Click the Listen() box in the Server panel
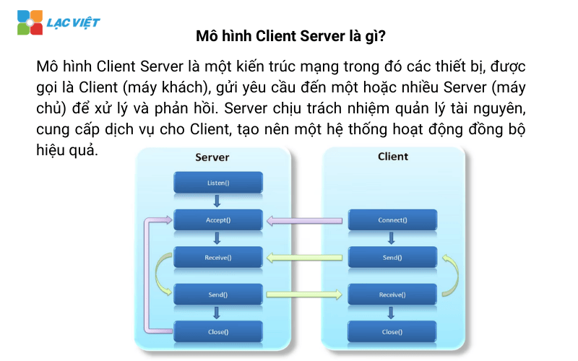point(217,182)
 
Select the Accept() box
point(217,219)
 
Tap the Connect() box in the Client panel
point(392,219)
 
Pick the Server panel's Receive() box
point(217,257)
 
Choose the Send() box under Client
point(392,257)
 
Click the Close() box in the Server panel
point(217,331)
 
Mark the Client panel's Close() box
point(392,331)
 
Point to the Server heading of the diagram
point(212,157)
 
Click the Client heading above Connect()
point(393,156)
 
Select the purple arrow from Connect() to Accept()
point(304,220)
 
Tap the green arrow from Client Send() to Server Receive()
point(304,257)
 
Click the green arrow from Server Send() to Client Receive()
point(304,294)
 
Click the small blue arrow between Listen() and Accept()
point(217,201)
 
